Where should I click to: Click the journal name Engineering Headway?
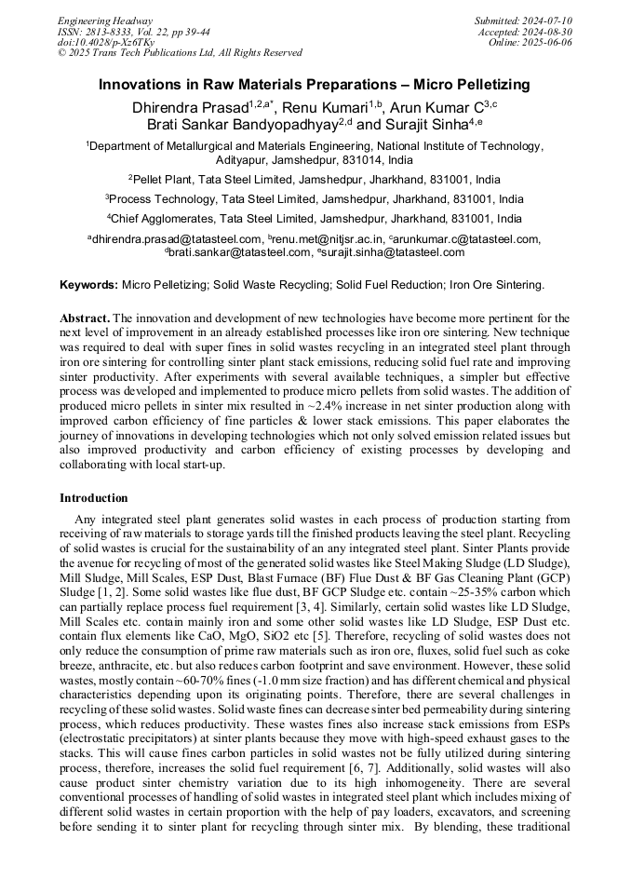105,20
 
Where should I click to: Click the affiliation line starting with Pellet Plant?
315,180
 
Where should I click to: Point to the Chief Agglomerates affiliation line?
315,220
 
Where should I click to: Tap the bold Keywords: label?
88,284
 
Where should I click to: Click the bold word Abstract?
84,318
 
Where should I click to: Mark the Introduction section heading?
94,498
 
